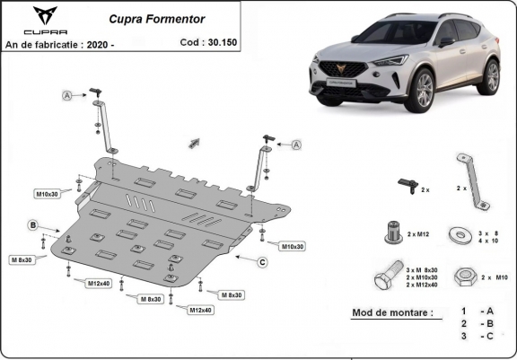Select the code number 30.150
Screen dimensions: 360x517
tap(222, 41)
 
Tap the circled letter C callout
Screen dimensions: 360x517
tap(262, 262)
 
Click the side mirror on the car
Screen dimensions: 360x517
tap(446, 41)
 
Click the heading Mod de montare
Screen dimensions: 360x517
tap(386, 312)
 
